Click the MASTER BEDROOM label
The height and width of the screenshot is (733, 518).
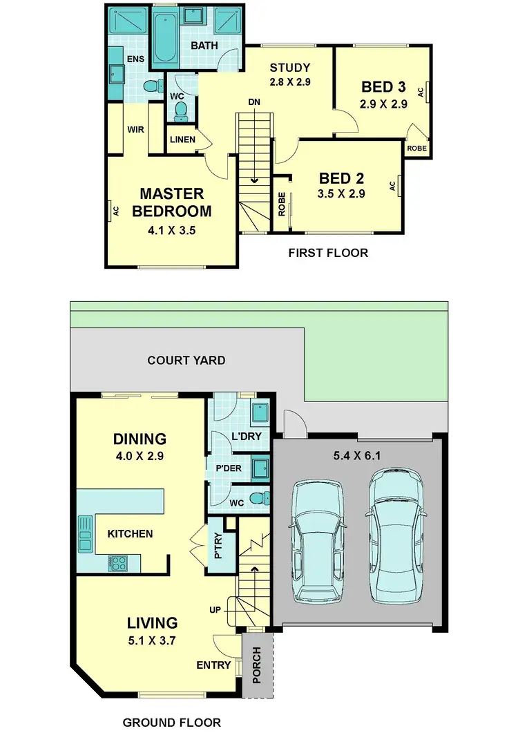point(172,202)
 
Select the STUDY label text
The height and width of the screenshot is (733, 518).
point(289,68)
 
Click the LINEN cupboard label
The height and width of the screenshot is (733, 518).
point(182,140)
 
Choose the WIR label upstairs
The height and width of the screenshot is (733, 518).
point(135,128)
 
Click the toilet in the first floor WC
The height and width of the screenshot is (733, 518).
point(181,108)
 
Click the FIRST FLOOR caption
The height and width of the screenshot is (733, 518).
point(327,253)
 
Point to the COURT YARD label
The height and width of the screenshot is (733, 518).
point(186,360)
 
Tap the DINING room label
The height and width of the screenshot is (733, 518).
point(140,439)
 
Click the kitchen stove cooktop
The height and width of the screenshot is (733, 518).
point(117,562)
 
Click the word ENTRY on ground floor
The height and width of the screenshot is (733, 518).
point(213,665)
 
